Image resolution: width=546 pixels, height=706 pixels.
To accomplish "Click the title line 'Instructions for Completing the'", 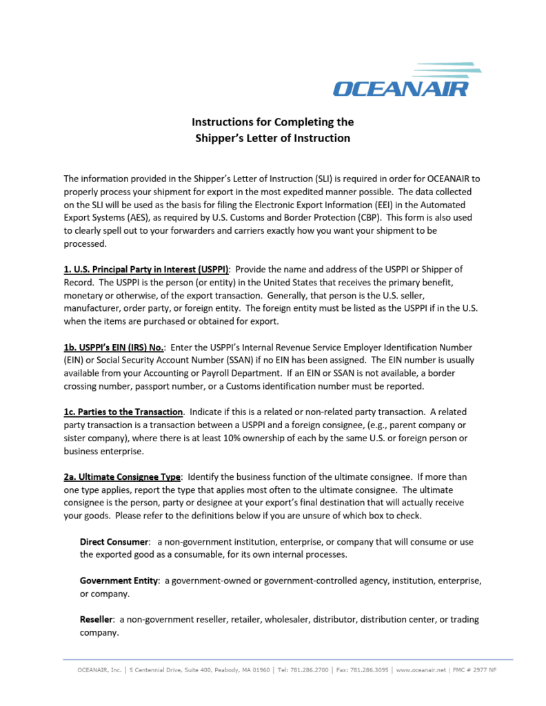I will [x=272, y=122].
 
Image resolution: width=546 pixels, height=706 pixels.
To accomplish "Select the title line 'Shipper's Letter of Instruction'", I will [x=272, y=138].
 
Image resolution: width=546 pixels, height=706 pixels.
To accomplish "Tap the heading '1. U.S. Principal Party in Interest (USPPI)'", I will [x=146, y=269].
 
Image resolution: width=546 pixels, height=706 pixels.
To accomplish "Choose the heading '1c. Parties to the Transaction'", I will [x=123, y=412].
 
